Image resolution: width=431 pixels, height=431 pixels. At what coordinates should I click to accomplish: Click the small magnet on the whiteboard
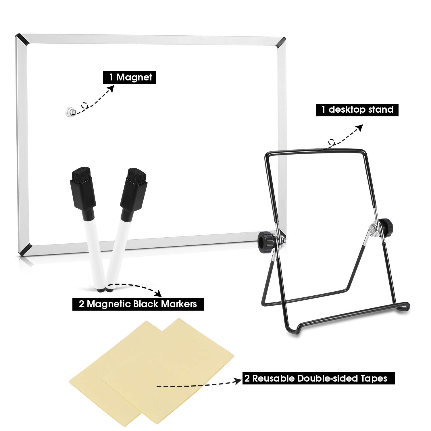pyautogui.click(x=70, y=111)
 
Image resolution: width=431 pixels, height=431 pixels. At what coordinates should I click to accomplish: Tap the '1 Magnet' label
pyautogui.click(x=130, y=77)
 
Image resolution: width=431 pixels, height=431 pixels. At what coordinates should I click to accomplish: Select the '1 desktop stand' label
pyautogui.click(x=357, y=110)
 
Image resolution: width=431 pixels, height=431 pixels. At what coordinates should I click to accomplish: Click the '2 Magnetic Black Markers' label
pyautogui.click(x=138, y=304)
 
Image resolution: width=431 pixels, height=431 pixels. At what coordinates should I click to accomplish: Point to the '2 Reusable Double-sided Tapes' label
pyautogui.click(x=318, y=378)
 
